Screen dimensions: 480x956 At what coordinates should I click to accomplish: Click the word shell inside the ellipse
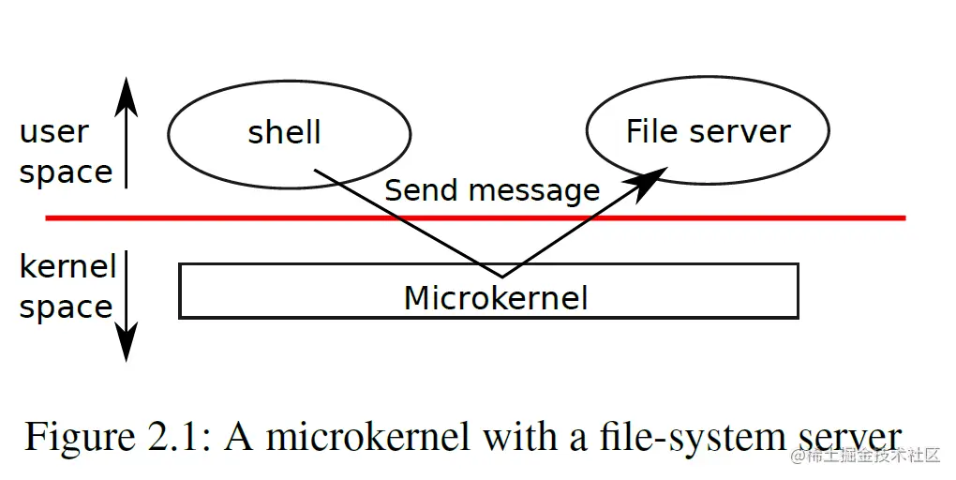pyautogui.click(x=284, y=132)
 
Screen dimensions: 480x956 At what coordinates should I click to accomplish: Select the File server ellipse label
pyautogui.click(x=708, y=131)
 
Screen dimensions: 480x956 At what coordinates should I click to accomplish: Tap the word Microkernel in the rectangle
pyautogui.click(x=495, y=298)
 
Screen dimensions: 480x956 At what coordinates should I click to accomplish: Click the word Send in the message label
pyautogui.click(x=419, y=190)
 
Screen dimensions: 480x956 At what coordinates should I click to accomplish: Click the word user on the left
pyautogui.click(x=54, y=132)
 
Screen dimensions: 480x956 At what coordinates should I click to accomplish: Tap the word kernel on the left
pyautogui.click(x=67, y=267)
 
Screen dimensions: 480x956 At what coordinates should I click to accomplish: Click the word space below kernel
pyautogui.click(x=66, y=307)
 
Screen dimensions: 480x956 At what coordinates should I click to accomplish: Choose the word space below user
pyautogui.click(x=66, y=172)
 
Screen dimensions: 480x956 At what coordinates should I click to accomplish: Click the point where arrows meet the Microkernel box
pyautogui.click(x=501, y=277)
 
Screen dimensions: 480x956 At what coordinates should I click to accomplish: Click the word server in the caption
pyautogui.click(x=849, y=438)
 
